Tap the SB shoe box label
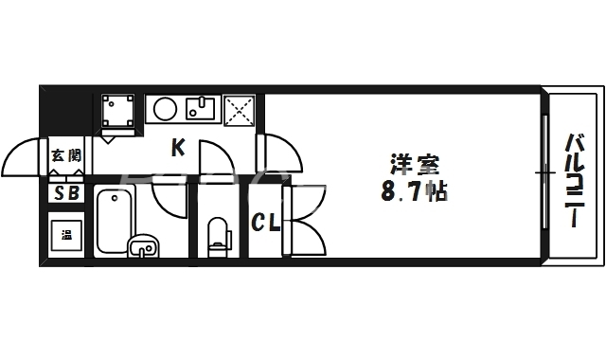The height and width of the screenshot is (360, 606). [66, 194]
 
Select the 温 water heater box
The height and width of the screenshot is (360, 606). [66, 233]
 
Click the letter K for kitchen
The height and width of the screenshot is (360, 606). [177, 148]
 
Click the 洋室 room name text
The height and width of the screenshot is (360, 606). [417, 164]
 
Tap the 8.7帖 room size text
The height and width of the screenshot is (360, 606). [414, 193]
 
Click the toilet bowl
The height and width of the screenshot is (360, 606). [219, 234]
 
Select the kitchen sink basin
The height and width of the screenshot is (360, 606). [201, 110]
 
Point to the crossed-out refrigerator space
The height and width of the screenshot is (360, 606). [240, 110]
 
